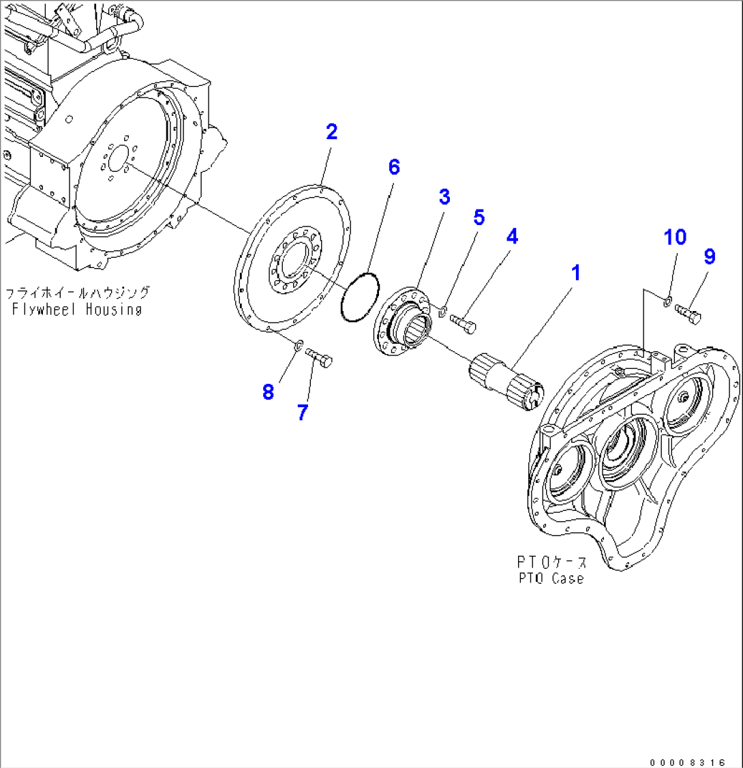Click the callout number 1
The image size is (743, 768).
pos(576,274)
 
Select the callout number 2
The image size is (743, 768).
pos(331,132)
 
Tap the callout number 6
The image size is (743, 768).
pos(394,168)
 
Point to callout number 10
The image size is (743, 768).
pos(676,237)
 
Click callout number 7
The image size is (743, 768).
pos(302,412)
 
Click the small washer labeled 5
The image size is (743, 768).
pos(442,312)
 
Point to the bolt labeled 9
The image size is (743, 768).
pos(689,313)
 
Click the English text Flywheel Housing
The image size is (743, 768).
pos(76,309)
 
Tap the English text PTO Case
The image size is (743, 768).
pos(549,578)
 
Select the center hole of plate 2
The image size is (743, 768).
pos(294,261)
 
